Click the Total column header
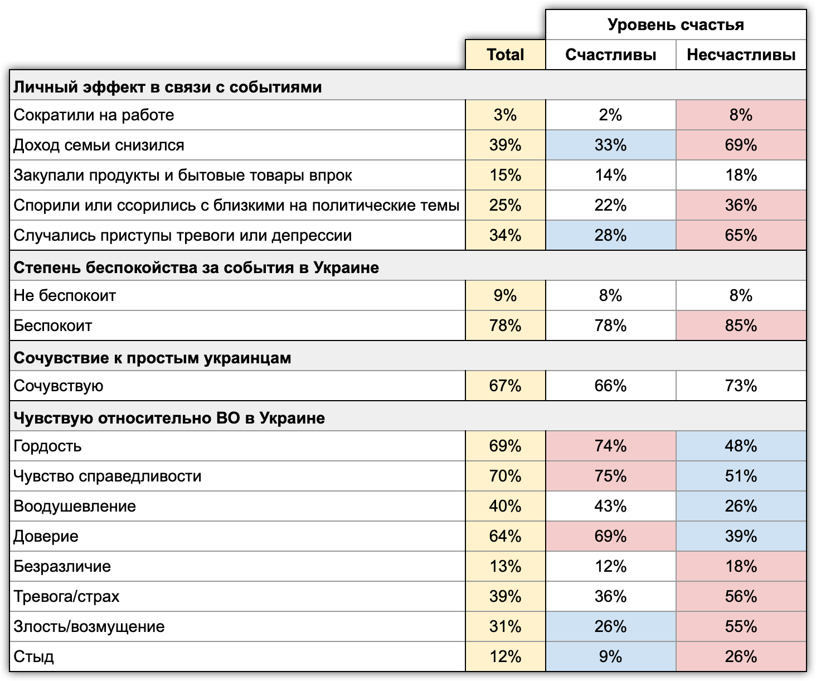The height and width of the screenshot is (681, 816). (x=505, y=55)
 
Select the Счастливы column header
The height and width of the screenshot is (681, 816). (x=610, y=55)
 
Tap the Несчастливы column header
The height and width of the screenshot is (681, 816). (x=741, y=55)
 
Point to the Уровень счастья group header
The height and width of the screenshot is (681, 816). (x=676, y=25)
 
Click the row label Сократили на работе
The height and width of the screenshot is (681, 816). (x=94, y=115)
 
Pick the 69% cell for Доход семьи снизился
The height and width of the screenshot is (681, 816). (x=741, y=145)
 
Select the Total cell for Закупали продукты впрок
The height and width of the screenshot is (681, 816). (x=505, y=175)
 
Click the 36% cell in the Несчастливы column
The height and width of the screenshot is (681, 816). (x=741, y=205)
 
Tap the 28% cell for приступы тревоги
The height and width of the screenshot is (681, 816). (x=610, y=235)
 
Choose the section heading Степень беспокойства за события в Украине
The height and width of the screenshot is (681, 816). (x=196, y=267)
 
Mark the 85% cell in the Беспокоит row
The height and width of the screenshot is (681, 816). (x=741, y=325)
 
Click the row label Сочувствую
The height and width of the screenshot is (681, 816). (x=59, y=386)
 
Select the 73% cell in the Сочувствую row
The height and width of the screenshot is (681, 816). (x=741, y=386)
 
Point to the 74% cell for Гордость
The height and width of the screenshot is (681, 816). (x=610, y=446)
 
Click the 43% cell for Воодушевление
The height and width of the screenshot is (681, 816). (x=610, y=506)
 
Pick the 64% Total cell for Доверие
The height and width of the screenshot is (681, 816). (x=505, y=536)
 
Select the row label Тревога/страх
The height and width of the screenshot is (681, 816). (x=66, y=596)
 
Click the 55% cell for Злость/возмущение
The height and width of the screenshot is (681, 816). (x=741, y=626)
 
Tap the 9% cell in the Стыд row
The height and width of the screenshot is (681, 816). (x=610, y=656)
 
